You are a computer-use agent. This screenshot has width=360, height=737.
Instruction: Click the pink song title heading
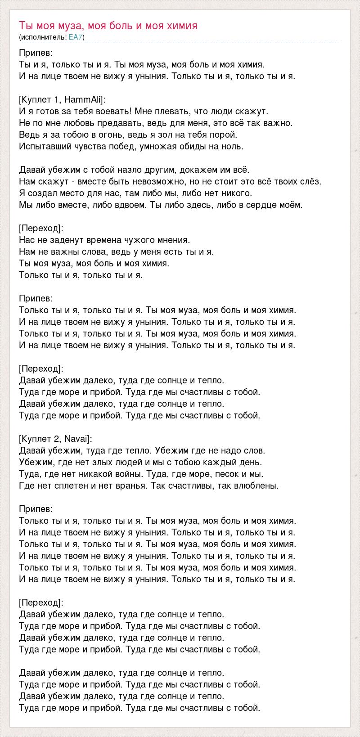[x=108, y=26]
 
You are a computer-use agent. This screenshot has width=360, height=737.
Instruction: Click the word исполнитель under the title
[x=43, y=37]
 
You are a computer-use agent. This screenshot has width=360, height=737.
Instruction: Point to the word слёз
[x=312, y=181]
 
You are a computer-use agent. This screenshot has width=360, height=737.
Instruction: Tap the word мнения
[x=172, y=240]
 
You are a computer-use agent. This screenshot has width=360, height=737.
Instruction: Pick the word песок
[x=226, y=474]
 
